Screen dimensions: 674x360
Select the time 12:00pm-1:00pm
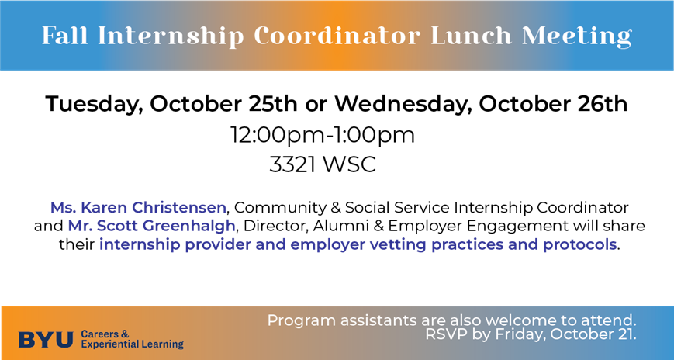click(x=323, y=136)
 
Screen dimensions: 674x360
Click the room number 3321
click(x=294, y=164)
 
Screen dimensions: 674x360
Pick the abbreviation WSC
click(x=350, y=164)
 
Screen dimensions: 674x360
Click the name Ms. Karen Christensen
click(x=138, y=208)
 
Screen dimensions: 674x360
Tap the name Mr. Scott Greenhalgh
click(x=152, y=227)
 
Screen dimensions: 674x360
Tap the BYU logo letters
click(x=46, y=340)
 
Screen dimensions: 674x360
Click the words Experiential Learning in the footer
click(x=133, y=344)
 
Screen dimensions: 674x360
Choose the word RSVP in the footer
click(x=444, y=334)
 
